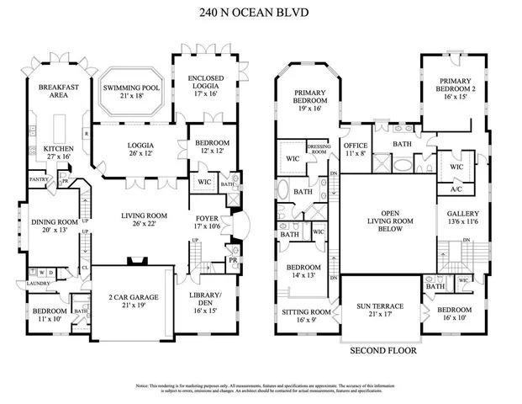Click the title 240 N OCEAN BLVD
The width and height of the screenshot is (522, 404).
point(261,13)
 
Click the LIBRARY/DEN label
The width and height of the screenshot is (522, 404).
point(206,300)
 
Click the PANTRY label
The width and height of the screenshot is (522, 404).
point(37,179)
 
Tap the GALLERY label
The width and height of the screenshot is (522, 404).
point(463,214)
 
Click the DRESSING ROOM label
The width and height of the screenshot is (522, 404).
point(319,149)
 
